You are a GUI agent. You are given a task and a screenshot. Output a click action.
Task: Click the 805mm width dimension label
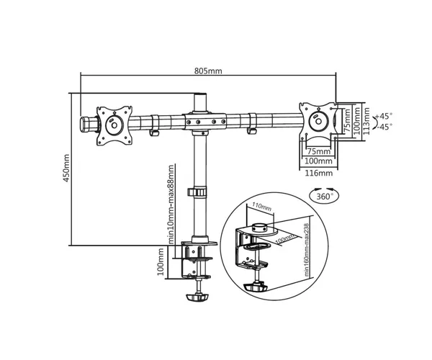[x=208, y=71]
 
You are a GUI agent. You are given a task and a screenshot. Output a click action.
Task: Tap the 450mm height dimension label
[x=66, y=168]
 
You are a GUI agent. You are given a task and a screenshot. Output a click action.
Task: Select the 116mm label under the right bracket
[x=319, y=173]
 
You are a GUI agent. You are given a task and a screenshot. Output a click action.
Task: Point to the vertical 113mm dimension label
[x=366, y=121]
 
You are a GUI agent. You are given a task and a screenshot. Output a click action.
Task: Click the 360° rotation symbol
[x=324, y=196]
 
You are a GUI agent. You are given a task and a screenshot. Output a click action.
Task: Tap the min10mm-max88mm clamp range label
[x=171, y=204]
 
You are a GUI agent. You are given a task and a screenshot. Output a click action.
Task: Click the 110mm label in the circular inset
[x=262, y=207]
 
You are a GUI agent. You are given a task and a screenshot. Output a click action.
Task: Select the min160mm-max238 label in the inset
[x=307, y=250]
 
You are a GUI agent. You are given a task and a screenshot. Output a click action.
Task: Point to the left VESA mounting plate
[x=114, y=125]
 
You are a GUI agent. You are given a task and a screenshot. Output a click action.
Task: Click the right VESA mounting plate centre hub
[x=318, y=121]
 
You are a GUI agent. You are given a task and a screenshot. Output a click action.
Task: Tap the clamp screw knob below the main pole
[x=197, y=297]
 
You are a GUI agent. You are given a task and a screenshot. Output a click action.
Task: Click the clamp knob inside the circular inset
[x=256, y=287]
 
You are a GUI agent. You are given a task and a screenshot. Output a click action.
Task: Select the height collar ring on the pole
[x=197, y=192]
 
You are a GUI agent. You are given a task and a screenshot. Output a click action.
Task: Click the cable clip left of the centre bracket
[x=155, y=125]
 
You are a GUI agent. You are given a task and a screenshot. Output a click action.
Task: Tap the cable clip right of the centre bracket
[x=252, y=124]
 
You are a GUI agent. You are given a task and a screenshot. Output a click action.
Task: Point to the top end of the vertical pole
[x=200, y=94]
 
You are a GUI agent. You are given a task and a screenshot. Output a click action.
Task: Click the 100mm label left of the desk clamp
[x=161, y=262]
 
